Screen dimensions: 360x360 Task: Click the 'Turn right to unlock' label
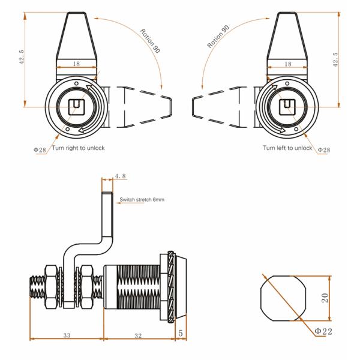coord(79,148)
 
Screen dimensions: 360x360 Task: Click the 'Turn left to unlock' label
coord(287,148)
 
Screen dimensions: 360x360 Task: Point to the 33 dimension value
coord(67,335)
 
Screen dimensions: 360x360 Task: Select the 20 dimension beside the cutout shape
coord(325,297)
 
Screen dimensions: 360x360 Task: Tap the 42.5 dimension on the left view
coord(22,60)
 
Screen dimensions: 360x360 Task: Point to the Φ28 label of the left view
coord(40,149)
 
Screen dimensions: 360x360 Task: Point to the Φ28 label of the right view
coord(323,149)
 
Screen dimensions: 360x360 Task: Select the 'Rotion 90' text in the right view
coord(217,38)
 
